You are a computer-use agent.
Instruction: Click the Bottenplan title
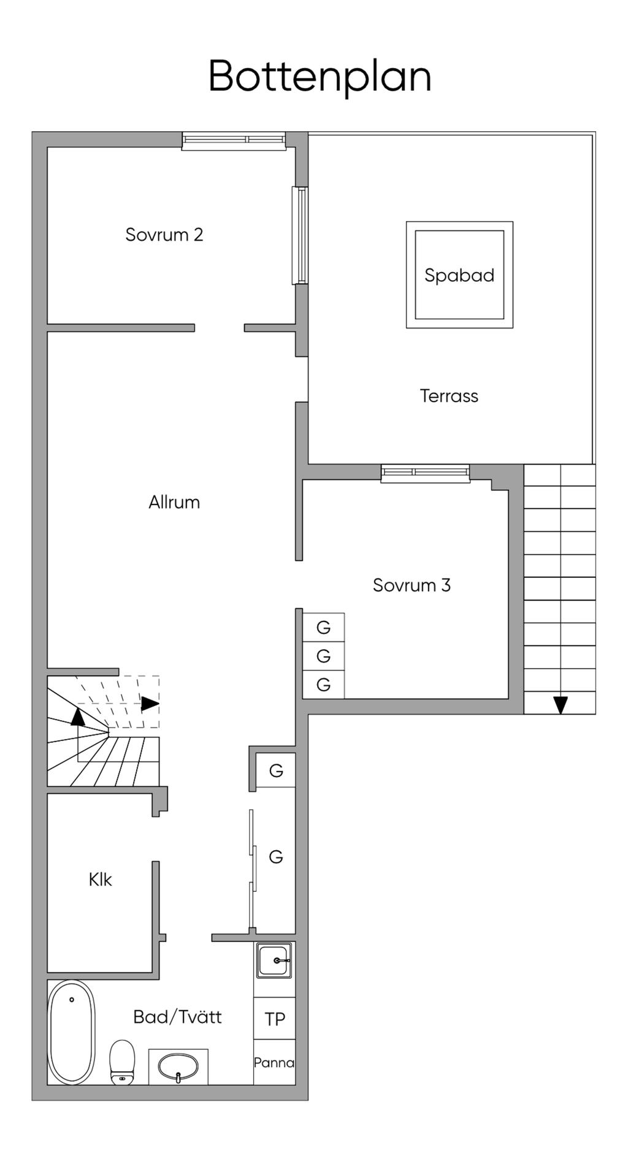coord(320,77)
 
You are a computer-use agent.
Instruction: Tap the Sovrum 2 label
coord(164,235)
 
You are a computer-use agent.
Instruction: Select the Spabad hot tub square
coord(459,275)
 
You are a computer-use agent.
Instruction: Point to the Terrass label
coord(449,396)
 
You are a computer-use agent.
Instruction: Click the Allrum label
coord(174,503)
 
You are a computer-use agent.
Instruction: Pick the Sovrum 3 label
coord(412,585)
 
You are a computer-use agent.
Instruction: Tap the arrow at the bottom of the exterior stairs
coord(561,705)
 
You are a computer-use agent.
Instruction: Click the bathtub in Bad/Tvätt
coord(72,1033)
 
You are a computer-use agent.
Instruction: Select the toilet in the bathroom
coord(122,1062)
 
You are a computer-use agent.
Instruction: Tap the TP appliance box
coord(275,1019)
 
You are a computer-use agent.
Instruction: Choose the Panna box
coord(275,1062)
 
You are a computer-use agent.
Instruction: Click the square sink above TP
coord(274,960)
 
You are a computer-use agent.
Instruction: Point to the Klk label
coord(100,880)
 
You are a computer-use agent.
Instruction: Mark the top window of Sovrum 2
coord(234,141)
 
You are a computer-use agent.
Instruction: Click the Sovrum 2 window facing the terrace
coord(300,235)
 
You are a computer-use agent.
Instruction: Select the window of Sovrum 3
coord(425,473)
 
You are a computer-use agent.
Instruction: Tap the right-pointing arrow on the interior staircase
coord(150,704)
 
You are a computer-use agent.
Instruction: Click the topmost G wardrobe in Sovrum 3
coord(323,628)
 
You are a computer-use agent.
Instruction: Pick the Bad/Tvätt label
coord(177,1017)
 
